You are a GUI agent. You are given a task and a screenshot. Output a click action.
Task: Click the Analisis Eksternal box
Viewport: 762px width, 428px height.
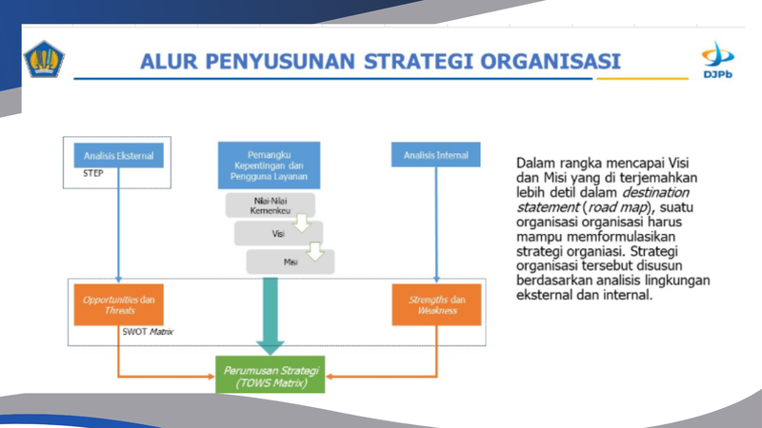coord(118,154)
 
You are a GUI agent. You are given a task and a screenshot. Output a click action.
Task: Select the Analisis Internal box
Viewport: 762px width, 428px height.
coord(435,154)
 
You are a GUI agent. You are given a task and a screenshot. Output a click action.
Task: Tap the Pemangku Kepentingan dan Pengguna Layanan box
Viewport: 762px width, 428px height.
coord(269,165)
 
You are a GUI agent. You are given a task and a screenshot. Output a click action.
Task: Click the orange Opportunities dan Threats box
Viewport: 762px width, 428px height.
coord(118,304)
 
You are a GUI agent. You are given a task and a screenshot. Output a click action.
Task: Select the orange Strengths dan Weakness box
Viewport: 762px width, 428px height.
coord(436,304)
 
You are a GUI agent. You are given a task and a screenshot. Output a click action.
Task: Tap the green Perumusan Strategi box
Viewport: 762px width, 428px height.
coord(270,374)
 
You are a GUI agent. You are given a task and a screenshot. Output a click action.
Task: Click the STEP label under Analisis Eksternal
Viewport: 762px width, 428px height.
coord(93,174)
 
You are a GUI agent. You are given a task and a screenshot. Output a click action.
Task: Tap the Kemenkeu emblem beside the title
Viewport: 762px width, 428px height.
coord(44,59)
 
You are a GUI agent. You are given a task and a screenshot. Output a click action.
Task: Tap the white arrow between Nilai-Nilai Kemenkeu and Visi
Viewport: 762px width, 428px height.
coord(302,223)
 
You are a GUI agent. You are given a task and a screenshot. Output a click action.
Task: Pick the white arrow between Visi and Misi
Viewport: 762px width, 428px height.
coord(315,250)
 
